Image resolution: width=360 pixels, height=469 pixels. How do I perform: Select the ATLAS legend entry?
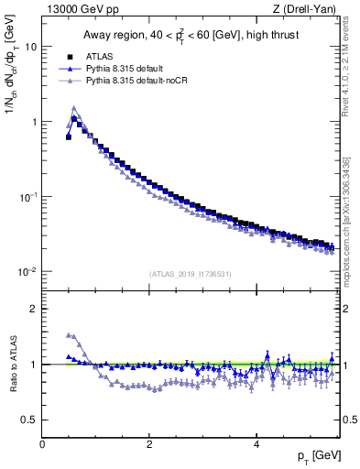tap(111, 57)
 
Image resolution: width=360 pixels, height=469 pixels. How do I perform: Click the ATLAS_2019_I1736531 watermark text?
tap(190, 274)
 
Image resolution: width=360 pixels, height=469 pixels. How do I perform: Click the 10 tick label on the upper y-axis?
tap(30, 47)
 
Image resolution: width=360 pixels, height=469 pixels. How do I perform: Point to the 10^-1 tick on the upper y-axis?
tap(27, 197)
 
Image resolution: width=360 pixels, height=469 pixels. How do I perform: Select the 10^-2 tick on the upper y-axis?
tap(27, 272)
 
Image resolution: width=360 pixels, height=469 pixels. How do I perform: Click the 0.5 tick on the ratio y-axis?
tap(29, 420)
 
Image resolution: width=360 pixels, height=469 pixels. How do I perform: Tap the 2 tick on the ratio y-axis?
tap(34, 309)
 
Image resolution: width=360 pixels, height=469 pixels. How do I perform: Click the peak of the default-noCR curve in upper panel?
tap(74, 108)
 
